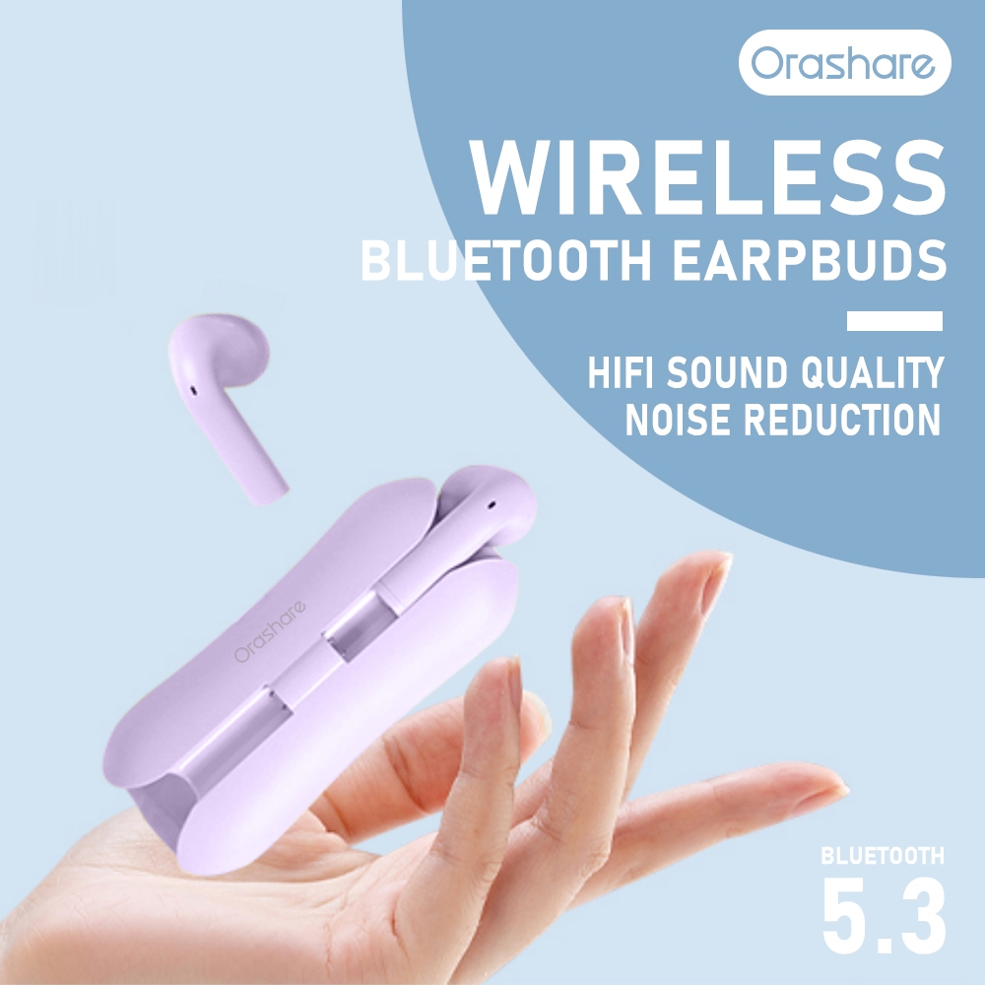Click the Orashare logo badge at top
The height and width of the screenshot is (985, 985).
coord(845,62)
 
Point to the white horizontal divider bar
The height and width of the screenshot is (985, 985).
coord(894,321)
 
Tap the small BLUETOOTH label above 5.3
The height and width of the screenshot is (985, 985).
coord(883,856)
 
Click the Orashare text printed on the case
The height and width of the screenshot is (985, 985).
coord(270,630)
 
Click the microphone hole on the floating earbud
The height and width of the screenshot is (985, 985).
coord(193,390)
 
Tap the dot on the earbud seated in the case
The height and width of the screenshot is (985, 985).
coord(492,503)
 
